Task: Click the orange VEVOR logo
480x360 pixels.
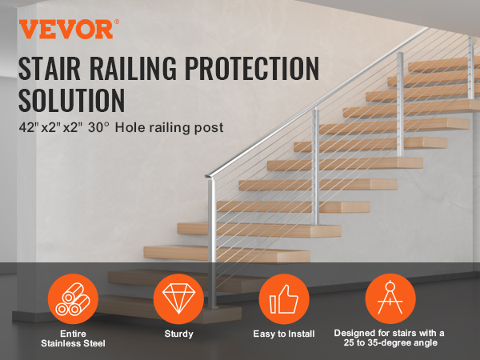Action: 66,29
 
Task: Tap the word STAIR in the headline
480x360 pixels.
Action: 50,68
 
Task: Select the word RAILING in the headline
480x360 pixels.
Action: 133,68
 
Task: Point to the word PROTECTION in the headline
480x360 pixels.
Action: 252,68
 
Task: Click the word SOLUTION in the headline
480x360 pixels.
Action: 72,100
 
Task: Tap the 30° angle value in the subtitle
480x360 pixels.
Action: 98,127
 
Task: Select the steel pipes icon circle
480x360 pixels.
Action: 73,298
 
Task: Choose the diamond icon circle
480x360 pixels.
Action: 178,298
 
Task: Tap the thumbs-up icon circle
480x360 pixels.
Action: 284,298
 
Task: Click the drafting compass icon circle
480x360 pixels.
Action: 390,298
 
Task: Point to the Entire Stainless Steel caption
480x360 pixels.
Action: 73,338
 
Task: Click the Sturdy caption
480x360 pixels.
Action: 178,334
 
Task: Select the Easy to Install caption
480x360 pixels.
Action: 284,334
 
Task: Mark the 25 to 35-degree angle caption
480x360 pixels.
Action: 390,342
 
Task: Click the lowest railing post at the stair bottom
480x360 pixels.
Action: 212,243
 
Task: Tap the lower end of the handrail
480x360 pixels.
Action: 207,176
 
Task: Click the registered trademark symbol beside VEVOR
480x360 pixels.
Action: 117,22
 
